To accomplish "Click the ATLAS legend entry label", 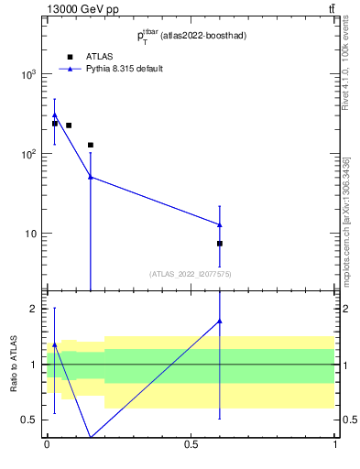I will pyautogui.click(x=99, y=56).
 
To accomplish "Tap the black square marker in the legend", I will pyautogui.click(x=70, y=56).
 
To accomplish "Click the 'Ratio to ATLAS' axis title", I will pyautogui.click(x=14, y=365).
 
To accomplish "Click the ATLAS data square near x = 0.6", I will pyautogui.click(x=220, y=244).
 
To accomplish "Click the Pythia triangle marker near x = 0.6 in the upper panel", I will pyautogui.click(x=220, y=224).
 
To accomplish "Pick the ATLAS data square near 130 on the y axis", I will pyautogui.click(x=91, y=145).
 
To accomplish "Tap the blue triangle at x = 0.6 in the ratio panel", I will pyautogui.click(x=220, y=321).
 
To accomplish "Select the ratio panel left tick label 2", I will pyautogui.click(x=35, y=309).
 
